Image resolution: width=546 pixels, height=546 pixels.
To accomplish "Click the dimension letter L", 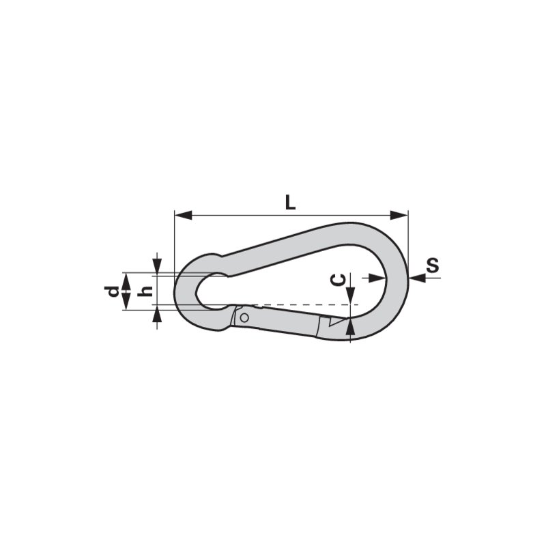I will click(289, 202).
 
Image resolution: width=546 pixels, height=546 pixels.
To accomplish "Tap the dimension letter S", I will click(431, 265).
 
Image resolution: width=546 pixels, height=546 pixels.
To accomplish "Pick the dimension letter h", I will click(144, 291).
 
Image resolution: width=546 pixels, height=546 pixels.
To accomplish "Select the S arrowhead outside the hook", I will click(416, 277).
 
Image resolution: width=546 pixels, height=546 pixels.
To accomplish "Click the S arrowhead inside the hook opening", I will click(377, 277).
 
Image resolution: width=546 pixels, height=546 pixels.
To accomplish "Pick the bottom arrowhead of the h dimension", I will click(158, 315).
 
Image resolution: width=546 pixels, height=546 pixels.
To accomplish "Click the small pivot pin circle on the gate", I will click(244, 317).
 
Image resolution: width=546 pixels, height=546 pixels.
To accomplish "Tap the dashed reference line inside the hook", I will click(300, 304).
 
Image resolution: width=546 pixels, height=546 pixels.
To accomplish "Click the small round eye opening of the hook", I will click(212, 291).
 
